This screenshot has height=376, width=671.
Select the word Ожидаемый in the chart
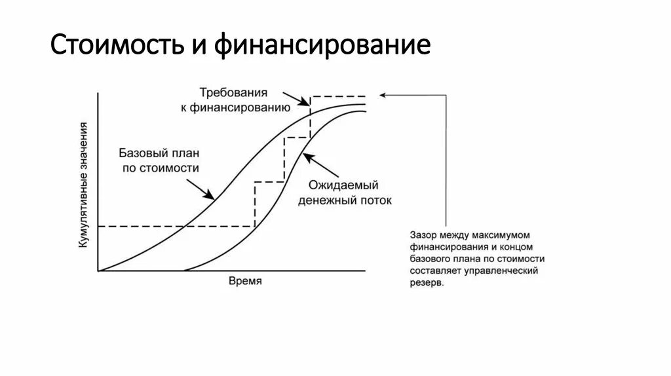[x=344, y=185]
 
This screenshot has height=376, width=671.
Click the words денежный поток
[x=345, y=200]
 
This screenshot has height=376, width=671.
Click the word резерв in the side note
[x=426, y=284]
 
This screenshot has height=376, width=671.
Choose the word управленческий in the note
[x=507, y=271]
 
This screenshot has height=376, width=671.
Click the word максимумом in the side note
[x=503, y=234]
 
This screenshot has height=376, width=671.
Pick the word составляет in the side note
[x=436, y=271]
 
